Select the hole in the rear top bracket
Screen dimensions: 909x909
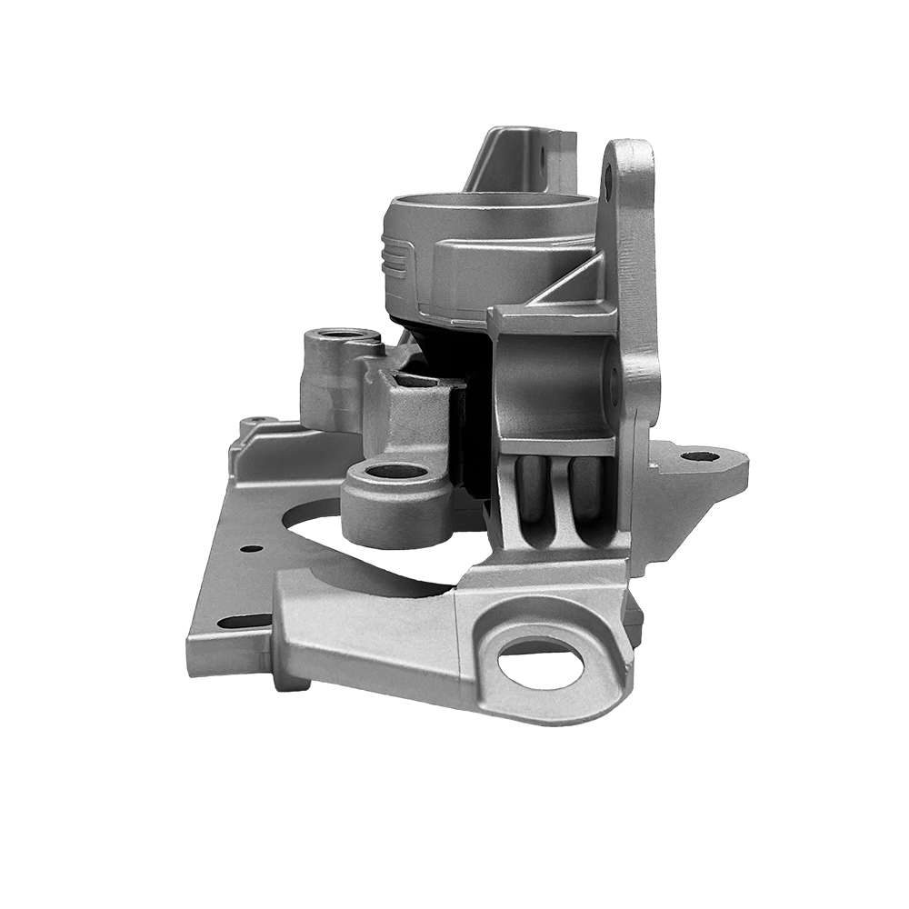pos(544,166)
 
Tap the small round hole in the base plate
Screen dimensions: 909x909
pos(247,548)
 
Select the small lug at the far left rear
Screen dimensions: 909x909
pos(251,423)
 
